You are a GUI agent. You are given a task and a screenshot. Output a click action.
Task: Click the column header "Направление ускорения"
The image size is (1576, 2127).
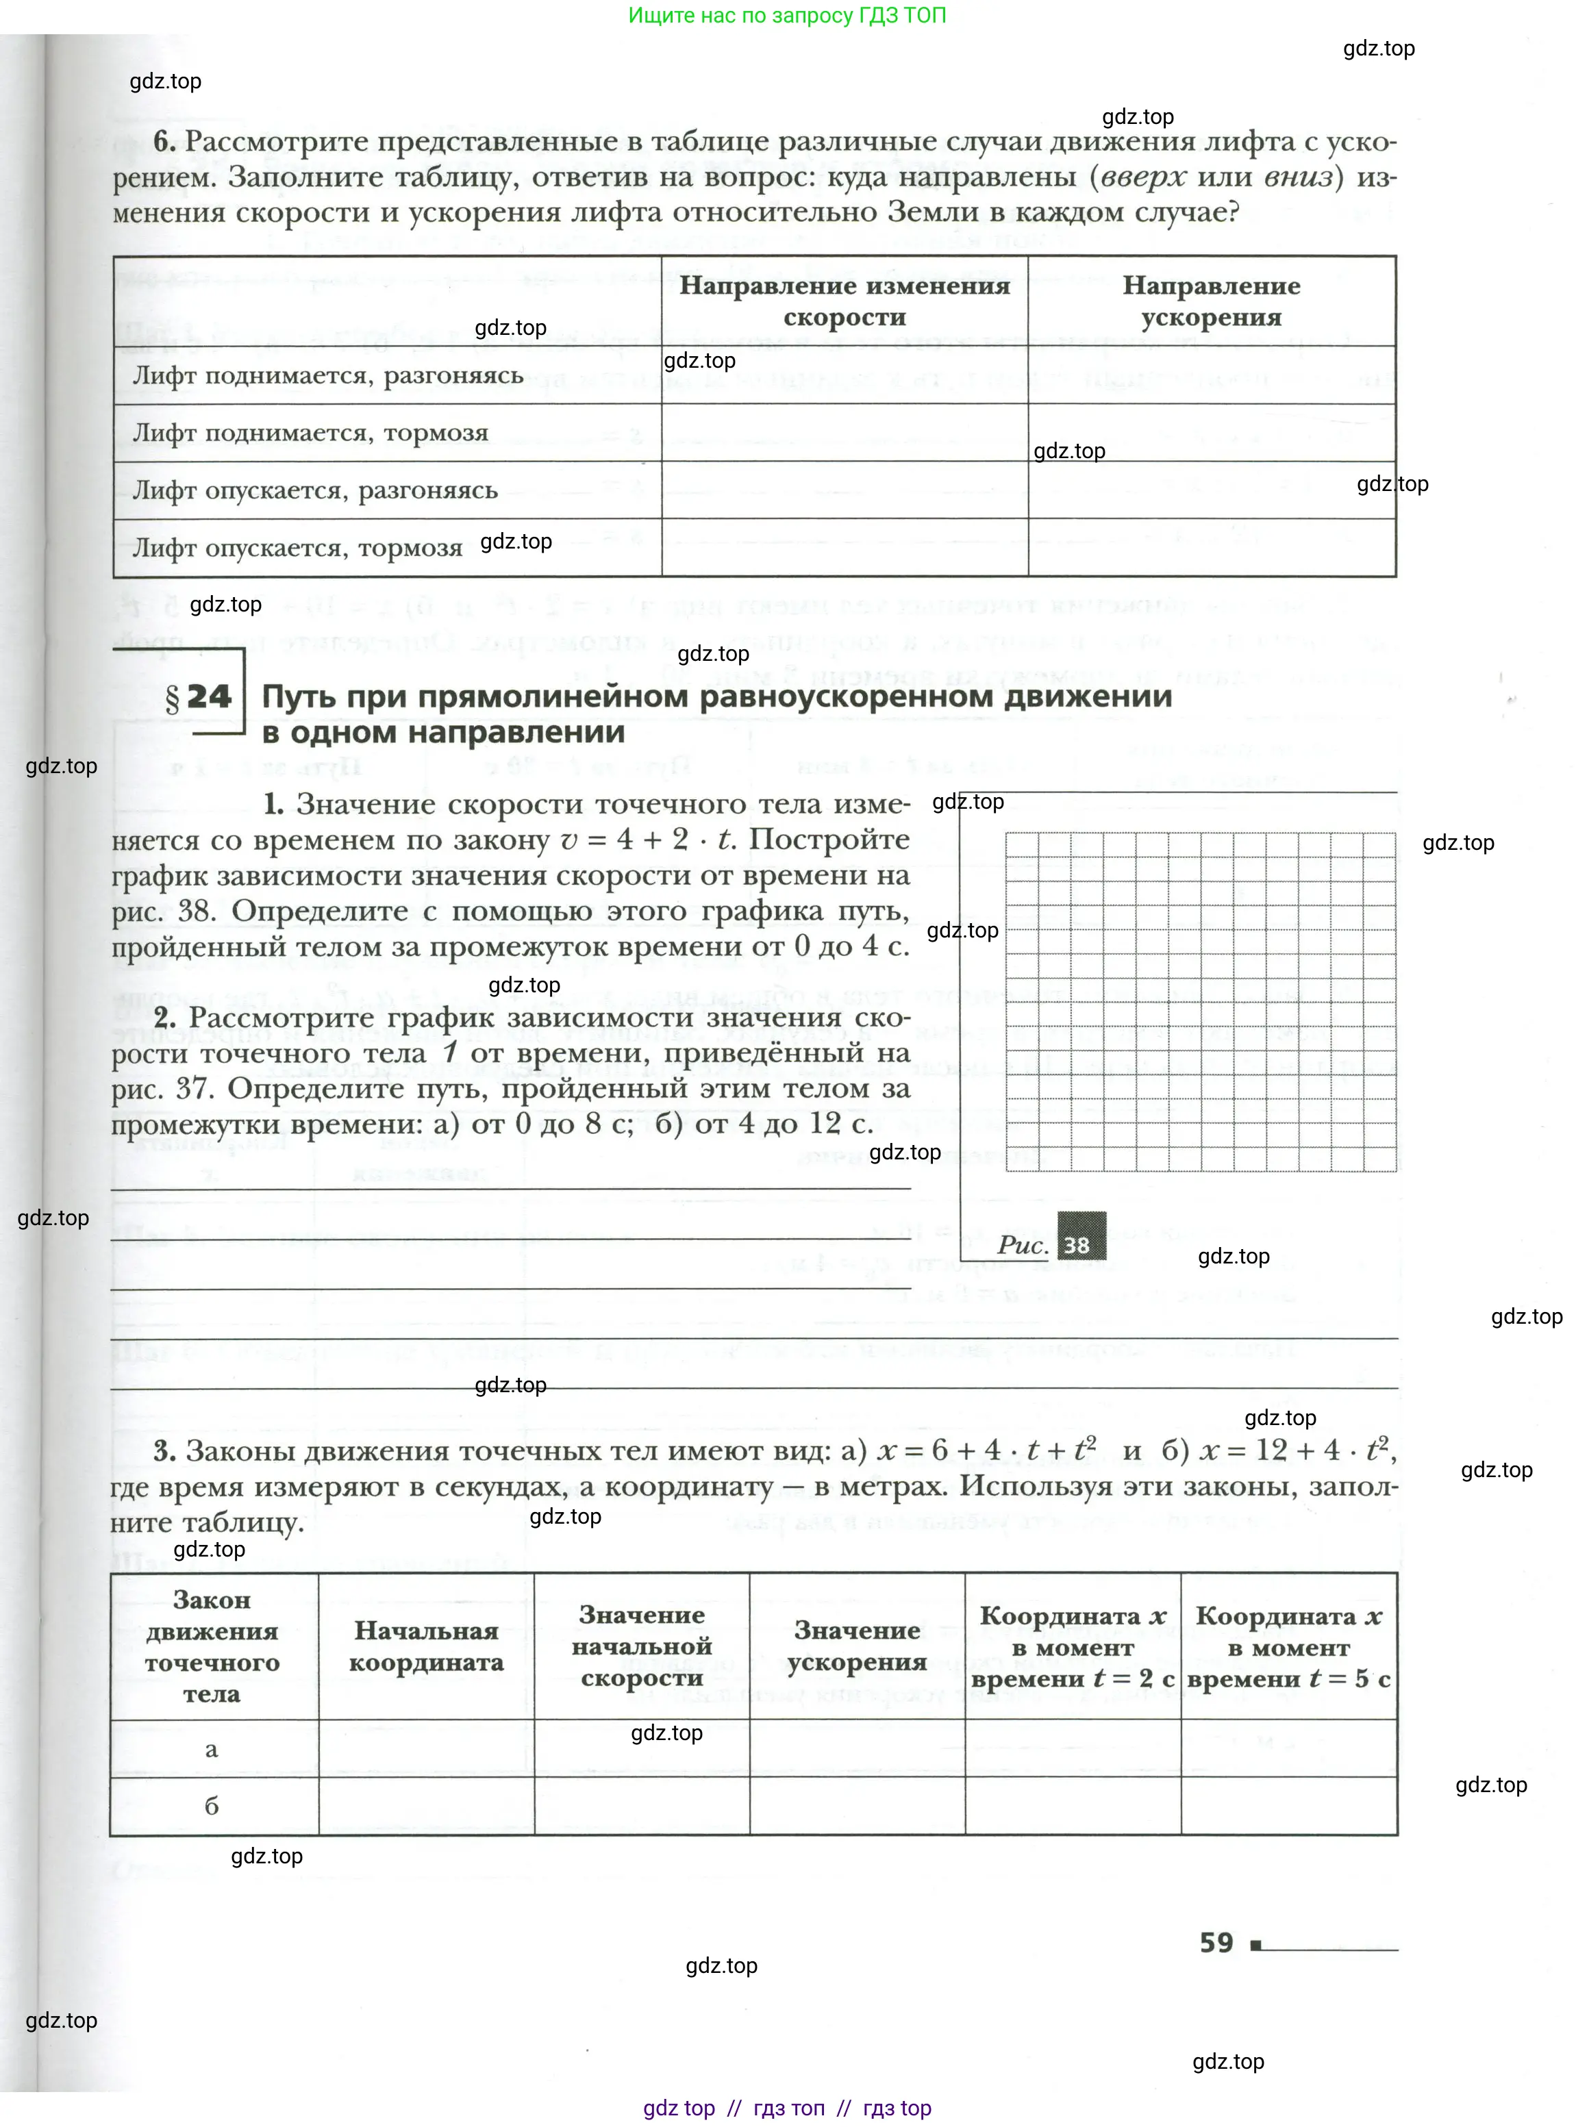click(1211, 301)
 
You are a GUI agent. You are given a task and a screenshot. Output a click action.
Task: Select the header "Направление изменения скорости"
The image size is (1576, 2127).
click(845, 301)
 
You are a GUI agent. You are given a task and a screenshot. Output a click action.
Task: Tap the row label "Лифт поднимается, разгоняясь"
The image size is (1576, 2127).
click(328, 376)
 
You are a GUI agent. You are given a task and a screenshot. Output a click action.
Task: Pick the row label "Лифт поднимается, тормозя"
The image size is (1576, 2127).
click(310, 433)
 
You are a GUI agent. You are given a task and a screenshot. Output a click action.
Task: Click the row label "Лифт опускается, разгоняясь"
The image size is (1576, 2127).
click(315, 490)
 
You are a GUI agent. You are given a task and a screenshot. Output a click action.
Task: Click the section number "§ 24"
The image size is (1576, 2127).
click(199, 696)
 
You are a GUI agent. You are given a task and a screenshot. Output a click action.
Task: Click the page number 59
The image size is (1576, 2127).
click(1216, 1943)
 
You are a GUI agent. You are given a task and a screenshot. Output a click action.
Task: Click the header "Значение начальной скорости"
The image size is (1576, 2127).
click(641, 1646)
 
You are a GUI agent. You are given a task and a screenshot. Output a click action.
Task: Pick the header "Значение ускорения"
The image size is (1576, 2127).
click(857, 1646)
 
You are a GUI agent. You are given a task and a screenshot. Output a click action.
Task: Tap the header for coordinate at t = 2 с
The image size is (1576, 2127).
click(1073, 1647)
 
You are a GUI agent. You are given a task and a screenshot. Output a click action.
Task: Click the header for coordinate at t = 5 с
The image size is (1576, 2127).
click(1289, 1647)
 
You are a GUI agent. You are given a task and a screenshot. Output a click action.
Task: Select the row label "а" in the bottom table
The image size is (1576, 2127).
click(212, 1749)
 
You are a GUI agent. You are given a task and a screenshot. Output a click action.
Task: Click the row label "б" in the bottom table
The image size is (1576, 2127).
click(212, 1806)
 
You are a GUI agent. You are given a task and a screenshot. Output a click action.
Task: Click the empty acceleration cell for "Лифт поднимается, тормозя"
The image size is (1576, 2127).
click(1212, 433)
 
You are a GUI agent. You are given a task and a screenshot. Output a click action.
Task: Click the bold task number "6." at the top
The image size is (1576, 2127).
click(164, 141)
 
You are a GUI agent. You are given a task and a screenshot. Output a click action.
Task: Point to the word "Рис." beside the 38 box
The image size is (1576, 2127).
click(1022, 1245)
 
